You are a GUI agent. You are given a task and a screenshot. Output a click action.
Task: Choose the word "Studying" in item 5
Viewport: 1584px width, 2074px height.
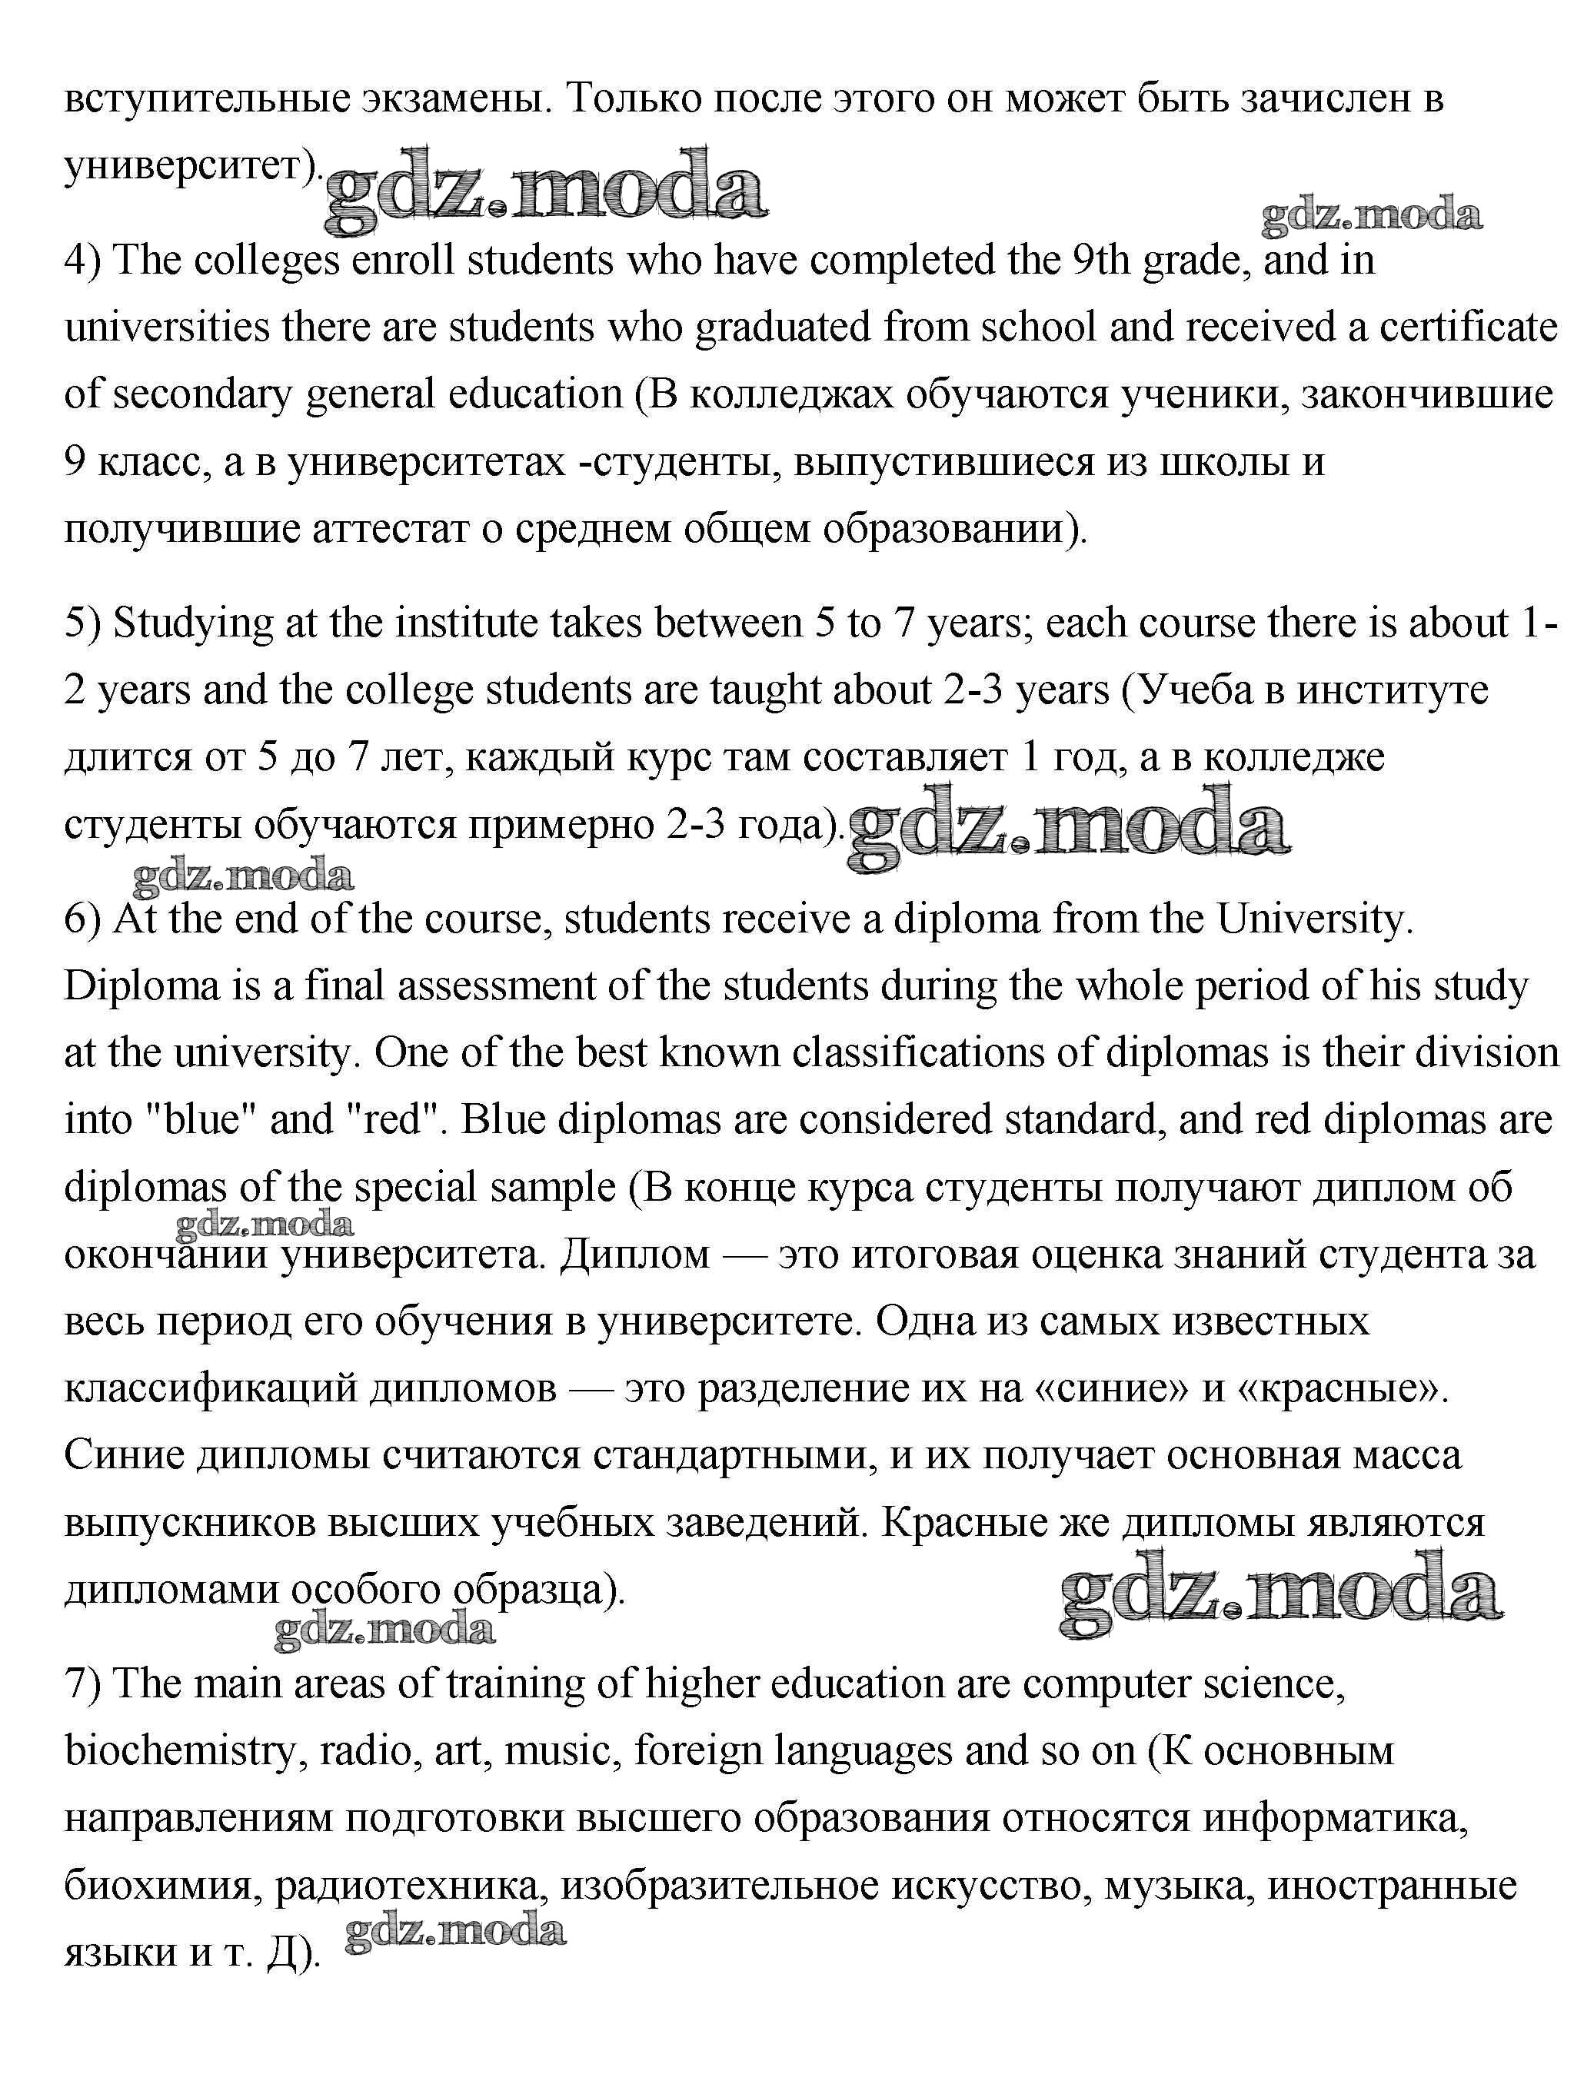click(192, 625)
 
